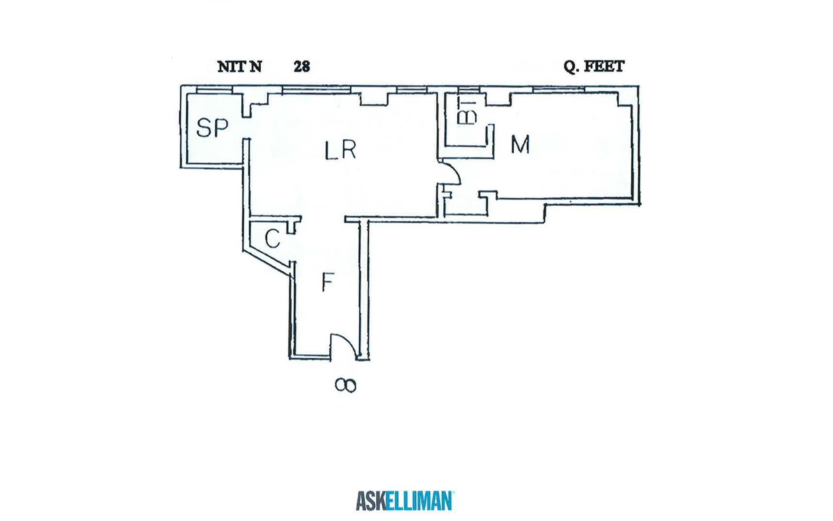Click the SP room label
212,128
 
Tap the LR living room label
341,150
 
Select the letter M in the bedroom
520,145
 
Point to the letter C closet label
272,239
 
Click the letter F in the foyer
328,282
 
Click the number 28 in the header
302,67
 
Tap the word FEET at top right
604,66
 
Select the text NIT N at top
239,67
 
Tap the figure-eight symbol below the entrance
346,385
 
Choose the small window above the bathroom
469,90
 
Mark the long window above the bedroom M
558,89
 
